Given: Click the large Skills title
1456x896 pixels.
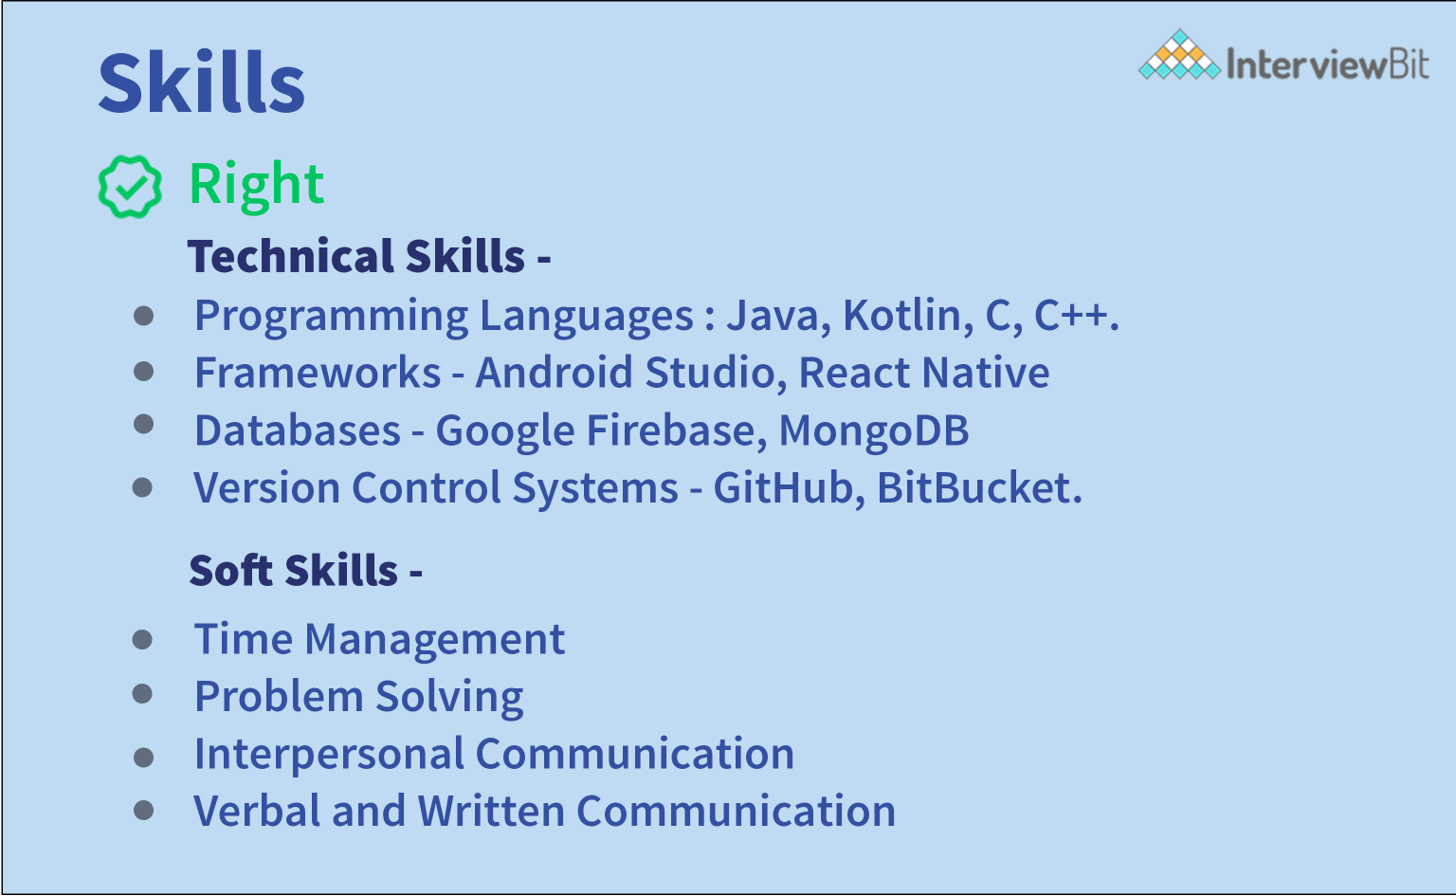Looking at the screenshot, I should pyautogui.click(x=201, y=83).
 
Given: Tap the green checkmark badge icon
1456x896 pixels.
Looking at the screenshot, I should pyautogui.click(x=130, y=186).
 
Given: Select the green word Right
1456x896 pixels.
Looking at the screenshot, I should pyautogui.click(x=256, y=184).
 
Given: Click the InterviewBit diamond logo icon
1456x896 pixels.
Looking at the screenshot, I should pyautogui.click(x=1178, y=57).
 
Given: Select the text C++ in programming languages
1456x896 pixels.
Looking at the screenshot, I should pyautogui.click(x=1074, y=316).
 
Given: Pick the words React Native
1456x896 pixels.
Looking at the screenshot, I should pyautogui.click(x=923, y=373).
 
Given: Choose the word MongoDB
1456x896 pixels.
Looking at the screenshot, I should pyautogui.click(x=873, y=430).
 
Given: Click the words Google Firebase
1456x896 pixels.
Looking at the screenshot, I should pyautogui.click(x=600, y=430).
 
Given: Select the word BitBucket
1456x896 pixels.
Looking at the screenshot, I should pyautogui.click(x=977, y=488).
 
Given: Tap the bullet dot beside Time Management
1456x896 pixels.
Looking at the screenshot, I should pyautogui.click(x=143, y=640).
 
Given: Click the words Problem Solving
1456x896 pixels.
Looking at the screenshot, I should pyautogui.click(x=358, y=697).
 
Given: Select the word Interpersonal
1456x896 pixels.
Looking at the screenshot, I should pyautogui.click(x=328, y=755).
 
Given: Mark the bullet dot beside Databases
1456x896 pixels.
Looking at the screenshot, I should pyautogui.click(x=144, y=424).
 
